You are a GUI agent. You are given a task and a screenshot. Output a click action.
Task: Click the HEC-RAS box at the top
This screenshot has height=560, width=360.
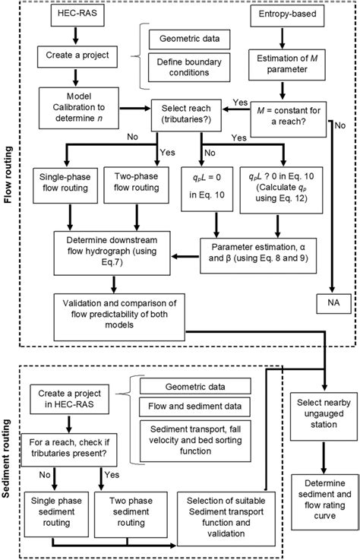73,16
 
